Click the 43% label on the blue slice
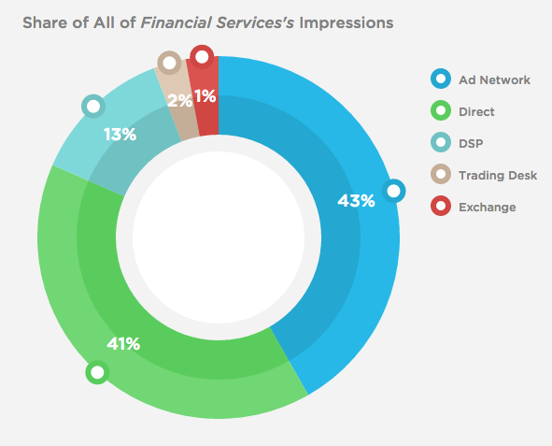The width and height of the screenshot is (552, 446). [x=356, y=200]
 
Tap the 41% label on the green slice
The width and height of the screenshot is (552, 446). [x=123, y=344]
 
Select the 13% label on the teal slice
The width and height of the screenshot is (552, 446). [x=120, y=135]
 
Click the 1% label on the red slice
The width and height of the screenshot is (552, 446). [x=205, y=94]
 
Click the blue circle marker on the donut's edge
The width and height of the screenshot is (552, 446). [x=394, y=192]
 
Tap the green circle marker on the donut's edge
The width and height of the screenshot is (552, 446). [x=96, y=373]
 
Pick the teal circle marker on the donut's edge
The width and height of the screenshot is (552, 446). [x=92, y=106]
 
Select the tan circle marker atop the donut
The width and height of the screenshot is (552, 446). [x=169, y=64]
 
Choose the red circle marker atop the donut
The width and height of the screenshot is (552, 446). [x=202, y=57]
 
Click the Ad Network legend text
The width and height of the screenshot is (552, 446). [x=494, y=79]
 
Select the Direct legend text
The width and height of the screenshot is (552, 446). [x=476, y=111]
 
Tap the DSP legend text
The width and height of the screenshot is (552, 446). [x=472, y=143]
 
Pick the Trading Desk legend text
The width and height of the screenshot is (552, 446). [x=498, y=175]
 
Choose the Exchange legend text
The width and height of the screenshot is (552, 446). [x=487, y=207]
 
